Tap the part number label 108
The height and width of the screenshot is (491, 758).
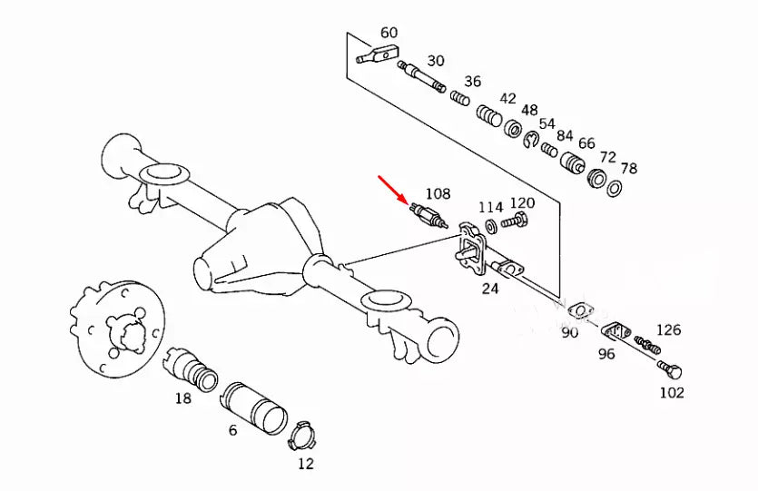tap(438, 193)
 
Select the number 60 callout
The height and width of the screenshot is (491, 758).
tap(389, 34)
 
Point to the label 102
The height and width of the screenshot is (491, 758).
tap(672, 393)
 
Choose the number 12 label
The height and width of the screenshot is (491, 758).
tap(305, 464)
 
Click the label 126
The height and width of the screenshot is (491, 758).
tap(669, 330)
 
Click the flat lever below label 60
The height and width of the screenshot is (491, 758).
tap(373, 56)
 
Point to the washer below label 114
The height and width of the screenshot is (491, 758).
tap(490, 223)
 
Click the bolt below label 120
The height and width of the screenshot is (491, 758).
tap(517, 220)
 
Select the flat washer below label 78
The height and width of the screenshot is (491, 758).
tap(615, 188)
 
